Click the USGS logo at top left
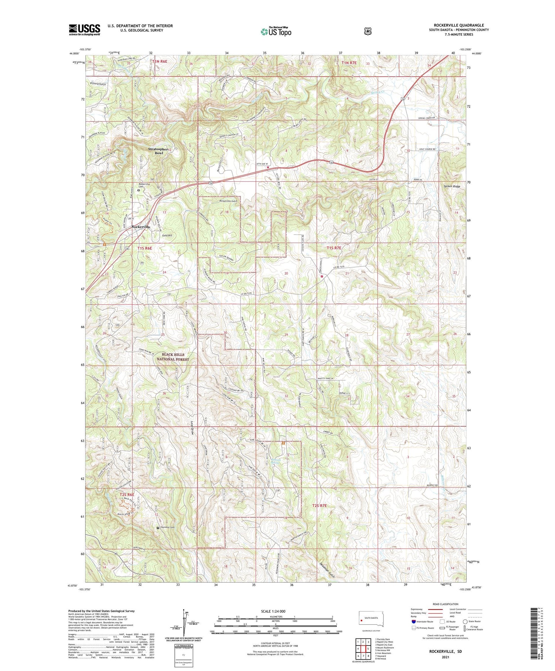[x=84, y=29]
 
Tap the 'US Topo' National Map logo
[x=276, y=32]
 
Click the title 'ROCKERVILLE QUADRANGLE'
[x=459, y=25]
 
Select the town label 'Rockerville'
[x=141, y=227]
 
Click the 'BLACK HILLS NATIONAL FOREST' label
[x=172, y=357]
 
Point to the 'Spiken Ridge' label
[x=452, y=187]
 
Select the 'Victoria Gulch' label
[x=98, y=84]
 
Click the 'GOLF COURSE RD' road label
[x=427, y=149]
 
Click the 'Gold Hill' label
[x=167, y=235]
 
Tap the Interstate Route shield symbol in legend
[x=414, y=621]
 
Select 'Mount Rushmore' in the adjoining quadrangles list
[x=384, y=647]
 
